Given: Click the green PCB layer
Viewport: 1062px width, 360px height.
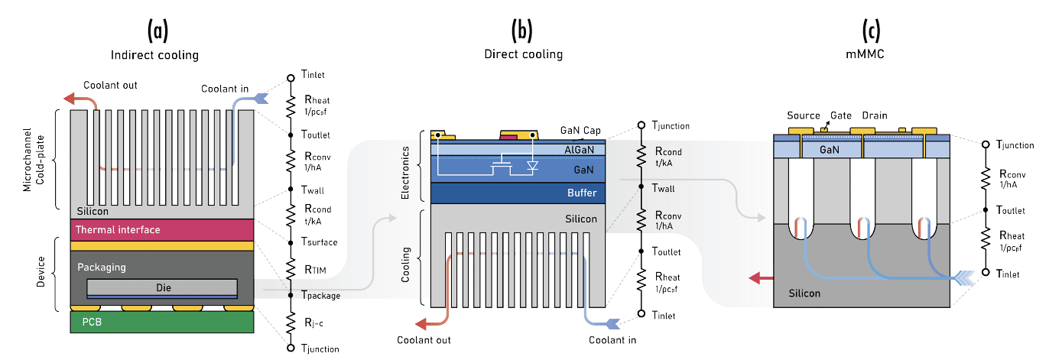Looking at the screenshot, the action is (x=161, y=322).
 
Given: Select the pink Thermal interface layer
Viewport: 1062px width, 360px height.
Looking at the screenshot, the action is (x=161, y=230).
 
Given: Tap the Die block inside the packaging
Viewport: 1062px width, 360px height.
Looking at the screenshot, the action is (x=161, y=287).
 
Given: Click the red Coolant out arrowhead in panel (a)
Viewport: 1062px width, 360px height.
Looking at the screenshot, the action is (x=70, y=99).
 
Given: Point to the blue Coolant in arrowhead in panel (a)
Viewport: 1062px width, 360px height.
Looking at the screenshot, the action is (x=261, y=98).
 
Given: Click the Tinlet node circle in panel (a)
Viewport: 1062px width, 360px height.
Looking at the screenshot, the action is (x=291, y=78).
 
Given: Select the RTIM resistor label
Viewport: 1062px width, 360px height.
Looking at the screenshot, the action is (x=315, y=270).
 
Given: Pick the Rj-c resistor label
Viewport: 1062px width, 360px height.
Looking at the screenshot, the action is (x=313, y=323).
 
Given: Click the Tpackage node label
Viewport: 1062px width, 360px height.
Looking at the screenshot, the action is (x=321, y=296).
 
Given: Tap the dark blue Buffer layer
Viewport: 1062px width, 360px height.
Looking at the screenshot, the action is (x=518, y=193).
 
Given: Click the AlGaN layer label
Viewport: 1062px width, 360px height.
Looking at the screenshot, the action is (x=579, y=150).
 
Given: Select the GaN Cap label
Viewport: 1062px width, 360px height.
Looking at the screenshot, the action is (x=580, y=130).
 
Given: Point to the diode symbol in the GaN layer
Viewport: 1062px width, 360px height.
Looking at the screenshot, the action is (x=532, y=165).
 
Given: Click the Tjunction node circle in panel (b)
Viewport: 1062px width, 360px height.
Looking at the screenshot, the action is (x=641, y=125).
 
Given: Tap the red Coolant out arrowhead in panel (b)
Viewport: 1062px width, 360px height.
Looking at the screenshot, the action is (x=421, y=324).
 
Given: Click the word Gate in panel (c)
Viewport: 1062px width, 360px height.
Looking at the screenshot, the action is (x=840, y=115).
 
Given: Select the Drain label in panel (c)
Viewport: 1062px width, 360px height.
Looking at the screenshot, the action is (x=875, y=115).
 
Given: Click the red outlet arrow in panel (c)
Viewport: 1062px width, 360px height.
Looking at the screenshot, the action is (x=761, y=278).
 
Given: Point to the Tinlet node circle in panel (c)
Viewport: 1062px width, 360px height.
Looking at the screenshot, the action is (x=986, y=272).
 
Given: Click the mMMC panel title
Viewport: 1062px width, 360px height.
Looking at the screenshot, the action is (x=866, y=54).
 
